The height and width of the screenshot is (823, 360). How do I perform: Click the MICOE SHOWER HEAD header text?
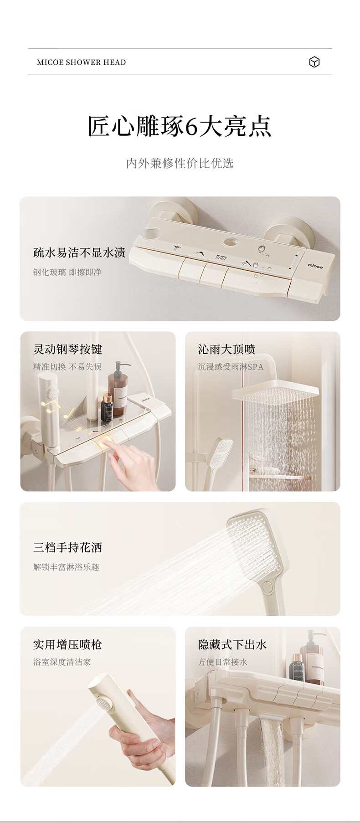(x=82, y=62)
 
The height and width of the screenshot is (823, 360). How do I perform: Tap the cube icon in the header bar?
(x=314, y=62)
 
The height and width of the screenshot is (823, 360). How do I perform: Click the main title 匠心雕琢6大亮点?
(x=180, y=126)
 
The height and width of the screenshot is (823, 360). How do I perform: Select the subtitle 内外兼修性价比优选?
(x=180, y=163)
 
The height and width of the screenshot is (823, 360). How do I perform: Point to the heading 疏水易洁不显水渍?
(x=79, y=252)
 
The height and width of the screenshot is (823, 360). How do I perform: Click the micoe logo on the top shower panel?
(x=315, y=265)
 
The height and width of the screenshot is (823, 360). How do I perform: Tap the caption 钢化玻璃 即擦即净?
(x=67, y=272)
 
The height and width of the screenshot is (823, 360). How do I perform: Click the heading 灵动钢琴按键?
(x=67, y=350)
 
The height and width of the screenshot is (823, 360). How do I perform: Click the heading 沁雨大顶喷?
(x=226, y=350)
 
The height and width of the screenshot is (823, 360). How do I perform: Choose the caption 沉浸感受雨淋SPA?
(x=231, y=367)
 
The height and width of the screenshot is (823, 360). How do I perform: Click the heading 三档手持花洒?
(x=67, y=547)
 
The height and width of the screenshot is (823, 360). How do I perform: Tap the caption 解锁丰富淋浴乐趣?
(x=66, y=567)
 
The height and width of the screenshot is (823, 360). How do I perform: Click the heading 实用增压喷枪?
(x=67, y=645)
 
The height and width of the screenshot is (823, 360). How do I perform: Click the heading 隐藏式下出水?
(x=232, y=645)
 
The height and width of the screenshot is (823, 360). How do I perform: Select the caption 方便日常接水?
(x=223, y=662)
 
